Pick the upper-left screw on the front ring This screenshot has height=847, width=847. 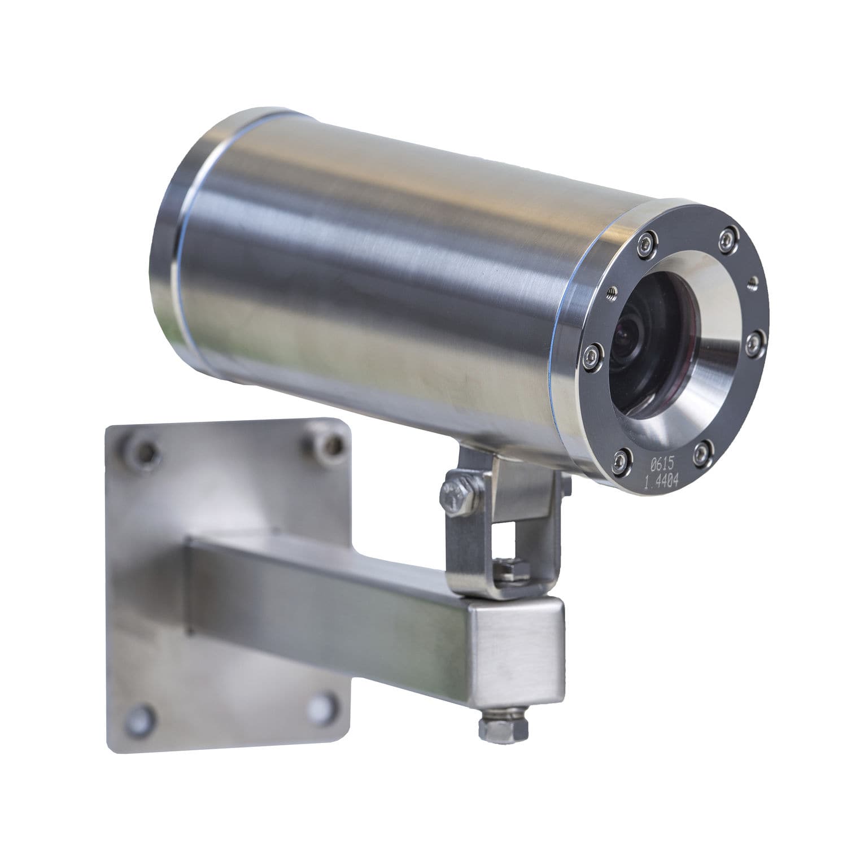(x=644, y=243)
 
